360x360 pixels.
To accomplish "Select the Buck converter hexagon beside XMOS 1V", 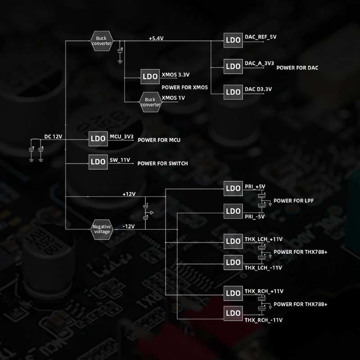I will click(150, 102).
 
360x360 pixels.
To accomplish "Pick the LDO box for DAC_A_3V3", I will click(233, 66).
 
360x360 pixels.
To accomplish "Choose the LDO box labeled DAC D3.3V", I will click(233, 92).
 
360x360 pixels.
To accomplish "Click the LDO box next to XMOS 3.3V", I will click(150, 76).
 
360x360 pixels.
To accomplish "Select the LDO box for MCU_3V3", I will click(98, 138).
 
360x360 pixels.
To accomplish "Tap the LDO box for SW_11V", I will click(98, 162).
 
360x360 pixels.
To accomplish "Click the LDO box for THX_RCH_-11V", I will click(233, 313).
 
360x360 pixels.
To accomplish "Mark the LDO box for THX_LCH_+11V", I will click(233, 241).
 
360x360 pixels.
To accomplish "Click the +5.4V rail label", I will click(156, 39).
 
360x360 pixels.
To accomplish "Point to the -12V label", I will click(129, 226).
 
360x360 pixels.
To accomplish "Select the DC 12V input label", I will click(53, 136).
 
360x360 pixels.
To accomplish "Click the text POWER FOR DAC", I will click(297, 68).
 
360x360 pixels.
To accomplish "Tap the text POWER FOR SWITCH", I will click(162, 163).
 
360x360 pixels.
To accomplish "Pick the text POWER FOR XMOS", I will click(184, 87).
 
